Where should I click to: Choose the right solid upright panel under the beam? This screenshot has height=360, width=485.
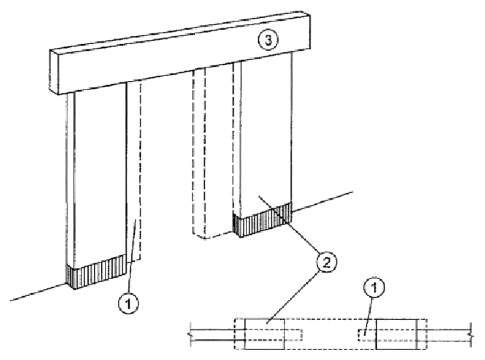tap(265, 140)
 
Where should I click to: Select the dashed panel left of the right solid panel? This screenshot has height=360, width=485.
tap(215, 154)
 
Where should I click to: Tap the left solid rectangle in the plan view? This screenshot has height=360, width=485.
tap(264, 333)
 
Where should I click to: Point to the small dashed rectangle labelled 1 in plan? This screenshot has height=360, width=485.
tap(366, 333)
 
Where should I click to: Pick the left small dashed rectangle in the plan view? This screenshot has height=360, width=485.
tap(293, 333)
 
